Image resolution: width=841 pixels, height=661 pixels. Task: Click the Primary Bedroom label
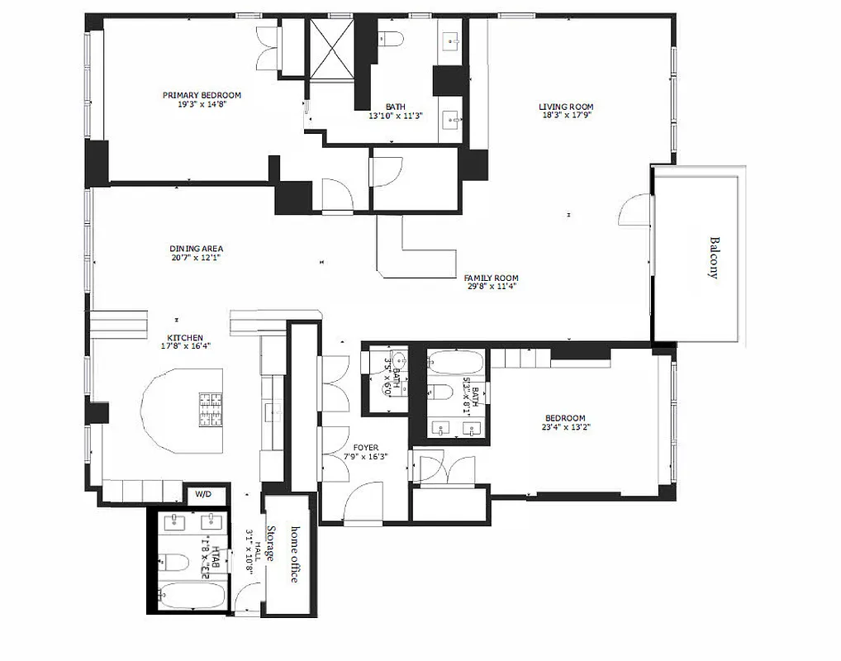click(x=202, y=95)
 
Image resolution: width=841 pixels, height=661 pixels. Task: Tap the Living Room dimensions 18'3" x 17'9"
click(x=566, y=116)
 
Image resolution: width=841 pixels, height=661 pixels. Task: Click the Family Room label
click(x=491, y=278)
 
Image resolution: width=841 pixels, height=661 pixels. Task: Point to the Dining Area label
click(x=196, y=248)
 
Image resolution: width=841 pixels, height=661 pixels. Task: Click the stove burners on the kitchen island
click(x=211, y=408)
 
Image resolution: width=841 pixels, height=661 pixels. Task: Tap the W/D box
click(x=202, y=494)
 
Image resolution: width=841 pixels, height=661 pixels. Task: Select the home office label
click(x=293, y=553)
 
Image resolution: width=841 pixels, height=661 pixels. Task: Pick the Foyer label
click(x=365, y=447)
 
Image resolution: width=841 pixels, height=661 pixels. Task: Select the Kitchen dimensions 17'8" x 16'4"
click(x=185, y=347)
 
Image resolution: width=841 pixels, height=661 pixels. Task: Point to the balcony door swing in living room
click(x=631, y=210)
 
